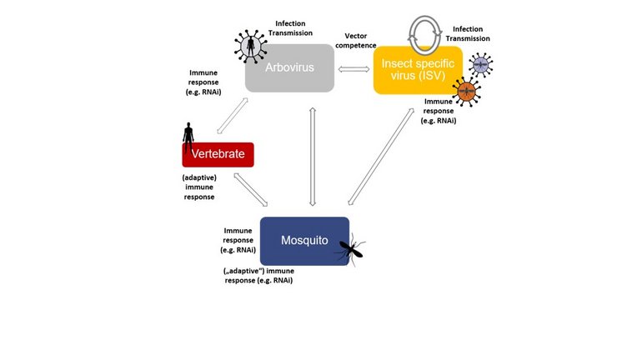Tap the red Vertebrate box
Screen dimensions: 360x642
(218, 154)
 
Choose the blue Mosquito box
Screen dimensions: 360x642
(303, 241)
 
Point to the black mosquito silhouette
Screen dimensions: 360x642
(354, 245)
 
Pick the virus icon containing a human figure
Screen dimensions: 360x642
(248, 46)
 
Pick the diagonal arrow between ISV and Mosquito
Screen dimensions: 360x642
(382, 156)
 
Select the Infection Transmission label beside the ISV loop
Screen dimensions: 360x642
(467, 32)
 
